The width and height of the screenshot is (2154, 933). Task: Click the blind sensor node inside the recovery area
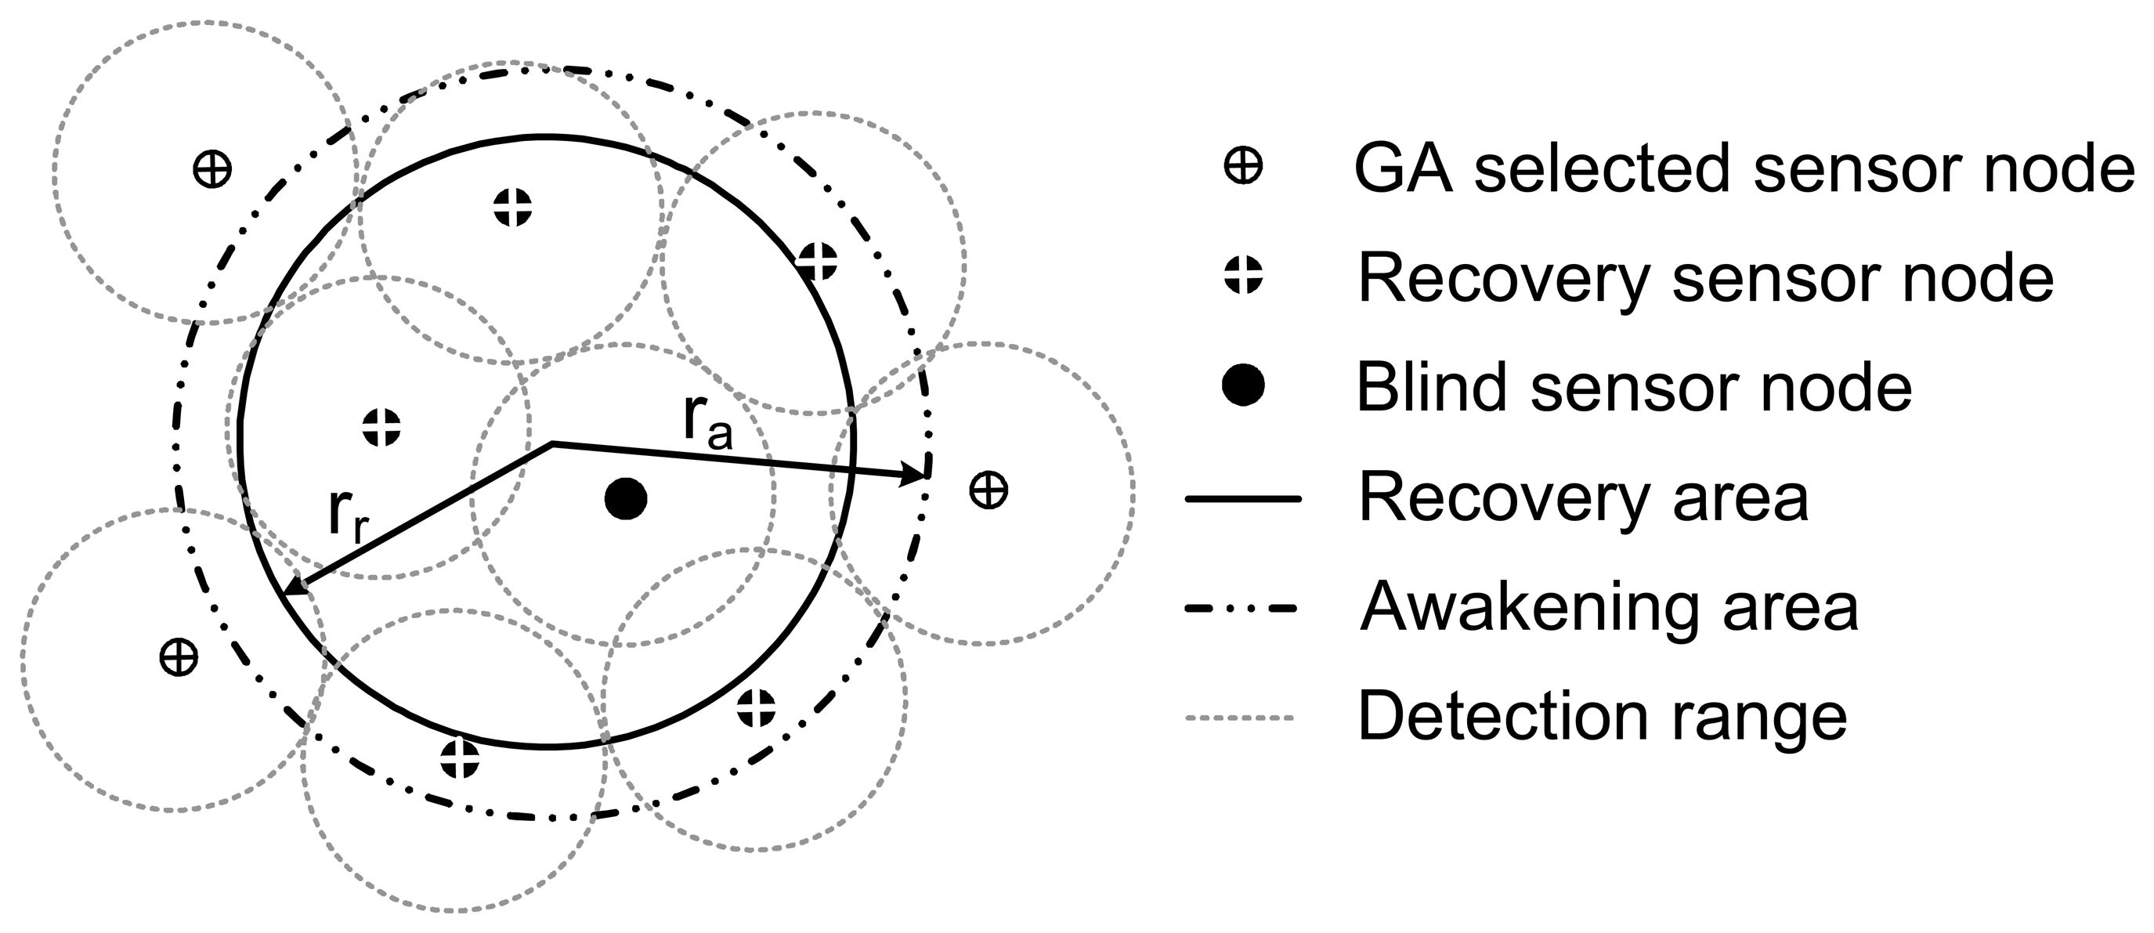tap(626, 499)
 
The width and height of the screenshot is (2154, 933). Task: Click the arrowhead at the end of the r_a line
tap(916, 476)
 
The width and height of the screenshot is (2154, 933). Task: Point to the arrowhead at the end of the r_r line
tap(295, 587)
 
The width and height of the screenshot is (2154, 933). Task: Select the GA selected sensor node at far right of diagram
tap(988, 489)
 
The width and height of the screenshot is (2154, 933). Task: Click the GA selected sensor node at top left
tap(211, 170)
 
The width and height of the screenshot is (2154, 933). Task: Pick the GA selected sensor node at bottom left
tap(178, 657)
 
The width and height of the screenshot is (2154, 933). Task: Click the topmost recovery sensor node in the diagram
tap(512, 208)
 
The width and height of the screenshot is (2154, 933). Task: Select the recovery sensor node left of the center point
tap(382, 427)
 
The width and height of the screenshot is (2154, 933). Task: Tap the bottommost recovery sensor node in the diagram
tap(460, 759)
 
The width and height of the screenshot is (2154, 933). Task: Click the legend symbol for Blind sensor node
tap(1242, 385)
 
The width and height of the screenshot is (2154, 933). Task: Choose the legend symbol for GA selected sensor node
tap(1242, 166)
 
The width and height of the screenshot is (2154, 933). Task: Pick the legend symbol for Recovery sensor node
tap(1242, 275)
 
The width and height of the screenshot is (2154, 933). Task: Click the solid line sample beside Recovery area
tap(1242, 499)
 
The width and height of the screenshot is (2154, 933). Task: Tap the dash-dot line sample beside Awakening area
tap(1242, 609)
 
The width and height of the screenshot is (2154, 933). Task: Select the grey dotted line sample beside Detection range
tap(1240, 718)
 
